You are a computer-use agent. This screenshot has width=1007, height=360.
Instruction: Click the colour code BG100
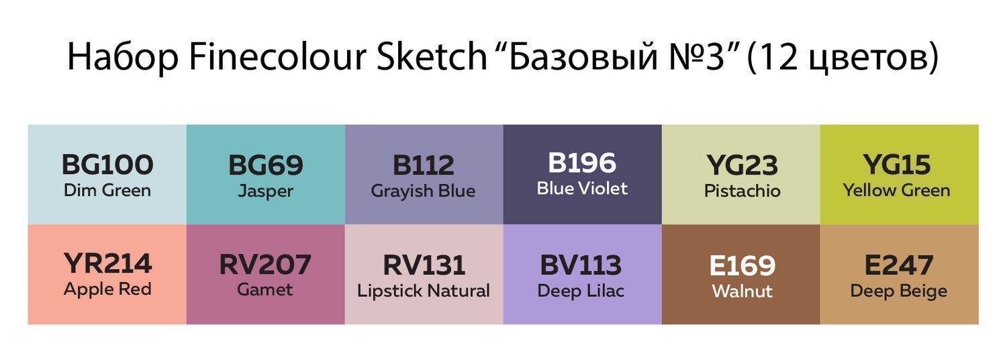107,165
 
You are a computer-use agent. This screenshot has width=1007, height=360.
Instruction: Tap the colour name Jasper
266,191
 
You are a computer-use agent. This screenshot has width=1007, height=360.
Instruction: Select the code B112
424,165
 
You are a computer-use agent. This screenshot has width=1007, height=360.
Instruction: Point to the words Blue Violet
582,189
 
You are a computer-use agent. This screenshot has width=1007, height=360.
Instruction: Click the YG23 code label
742,165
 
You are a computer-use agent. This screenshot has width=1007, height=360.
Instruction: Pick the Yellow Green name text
897,190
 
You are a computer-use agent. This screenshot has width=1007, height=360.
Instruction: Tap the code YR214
107,264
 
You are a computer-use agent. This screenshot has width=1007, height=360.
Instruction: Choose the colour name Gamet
265,289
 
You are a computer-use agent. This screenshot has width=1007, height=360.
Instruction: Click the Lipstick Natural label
424,291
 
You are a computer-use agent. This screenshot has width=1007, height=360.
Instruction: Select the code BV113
581,265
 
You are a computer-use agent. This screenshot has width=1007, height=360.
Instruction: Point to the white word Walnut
742,291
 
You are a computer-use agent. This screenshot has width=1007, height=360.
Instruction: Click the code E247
899,265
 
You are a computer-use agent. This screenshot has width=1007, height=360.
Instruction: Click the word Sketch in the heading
432,56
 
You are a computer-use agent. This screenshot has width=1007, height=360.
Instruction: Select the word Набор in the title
124,58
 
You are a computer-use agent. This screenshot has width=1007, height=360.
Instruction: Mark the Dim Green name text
107,190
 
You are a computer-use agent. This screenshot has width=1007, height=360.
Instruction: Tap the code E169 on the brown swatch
742,265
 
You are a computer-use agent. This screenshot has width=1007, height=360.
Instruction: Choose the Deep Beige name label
899,291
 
